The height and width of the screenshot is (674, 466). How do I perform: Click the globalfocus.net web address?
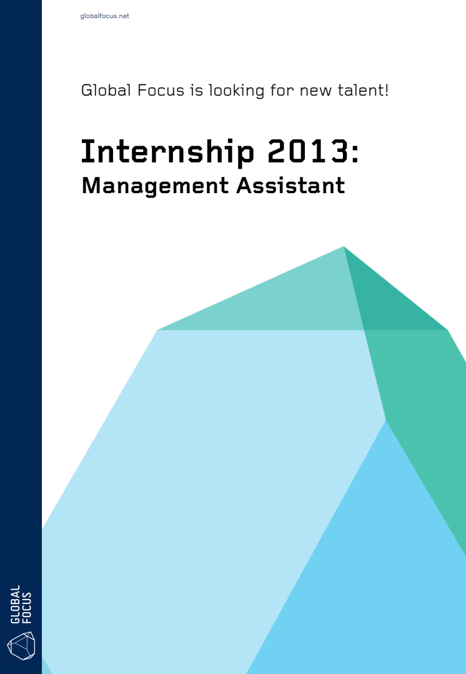click(x=104, y=16)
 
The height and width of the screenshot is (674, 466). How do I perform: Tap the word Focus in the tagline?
click(x=161, y=90)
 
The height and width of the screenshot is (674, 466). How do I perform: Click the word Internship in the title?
click(x=167, y=152)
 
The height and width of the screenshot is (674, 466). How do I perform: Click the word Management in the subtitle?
click(x=155, y=186)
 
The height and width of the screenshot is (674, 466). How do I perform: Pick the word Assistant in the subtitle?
click(x=290, y=185)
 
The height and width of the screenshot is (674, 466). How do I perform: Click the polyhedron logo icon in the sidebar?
click(x=21, y=645)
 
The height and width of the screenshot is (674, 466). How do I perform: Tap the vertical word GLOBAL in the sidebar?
click(x=15, y=604)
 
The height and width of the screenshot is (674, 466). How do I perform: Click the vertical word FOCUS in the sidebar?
click(x=27, y=607)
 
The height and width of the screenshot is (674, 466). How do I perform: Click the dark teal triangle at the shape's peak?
click(x=382, y=301)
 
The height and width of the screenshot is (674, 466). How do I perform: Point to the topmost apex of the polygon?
click(x=344, y=247)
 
